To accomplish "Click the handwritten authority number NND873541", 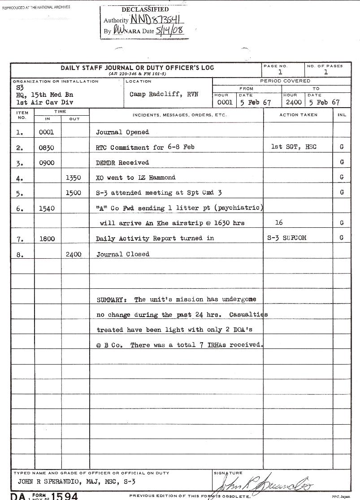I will tap(156, 20).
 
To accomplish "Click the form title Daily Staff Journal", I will tap(137, 68).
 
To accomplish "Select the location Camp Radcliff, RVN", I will tap(164, 95).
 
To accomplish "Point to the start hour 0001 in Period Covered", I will tap(225, 102).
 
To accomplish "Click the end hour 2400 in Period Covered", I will tap(294, 102).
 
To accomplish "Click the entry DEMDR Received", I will tap(122, 162).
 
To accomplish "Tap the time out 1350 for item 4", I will tap(74, 178).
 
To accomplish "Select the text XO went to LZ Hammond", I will tap(136, 178).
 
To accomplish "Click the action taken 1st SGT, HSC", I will tap(294, 147).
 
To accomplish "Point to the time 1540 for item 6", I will tap(47, 209).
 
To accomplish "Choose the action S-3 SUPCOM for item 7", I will tap(287, 238).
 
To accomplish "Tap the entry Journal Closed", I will tap(123, 254).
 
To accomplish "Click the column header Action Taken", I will tap(298, 115).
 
